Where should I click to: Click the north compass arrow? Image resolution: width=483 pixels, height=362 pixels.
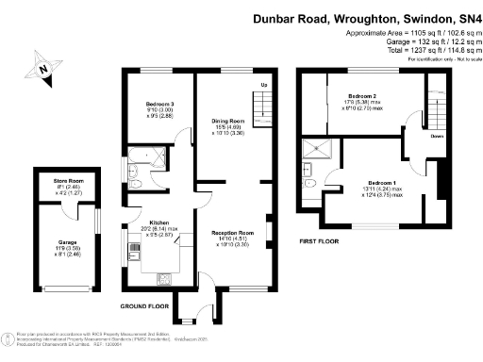42,68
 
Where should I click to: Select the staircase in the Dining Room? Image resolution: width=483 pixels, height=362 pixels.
263,107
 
